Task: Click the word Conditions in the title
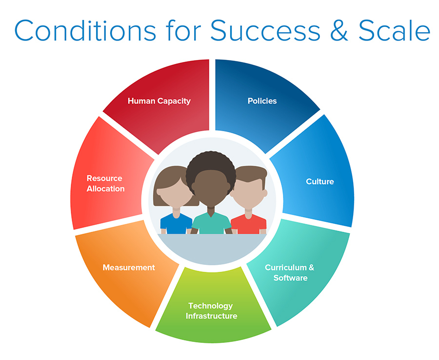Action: coord(85,30)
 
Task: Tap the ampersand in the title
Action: coord(339,30)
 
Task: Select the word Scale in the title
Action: coord(394,30)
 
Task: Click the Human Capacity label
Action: coord(159,101)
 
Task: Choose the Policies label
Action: coord(262,101)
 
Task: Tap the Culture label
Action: coord(319,181)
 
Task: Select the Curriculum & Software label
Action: coord(290,273)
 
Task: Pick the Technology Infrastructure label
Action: coord(211,311)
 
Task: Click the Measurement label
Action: coord(129,268)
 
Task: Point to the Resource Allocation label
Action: coord(105,183)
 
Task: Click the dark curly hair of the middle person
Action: coord(211,165)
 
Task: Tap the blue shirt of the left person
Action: coord(176,224)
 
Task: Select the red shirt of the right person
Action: coord(249,224)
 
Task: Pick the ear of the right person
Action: coord(265,193)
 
